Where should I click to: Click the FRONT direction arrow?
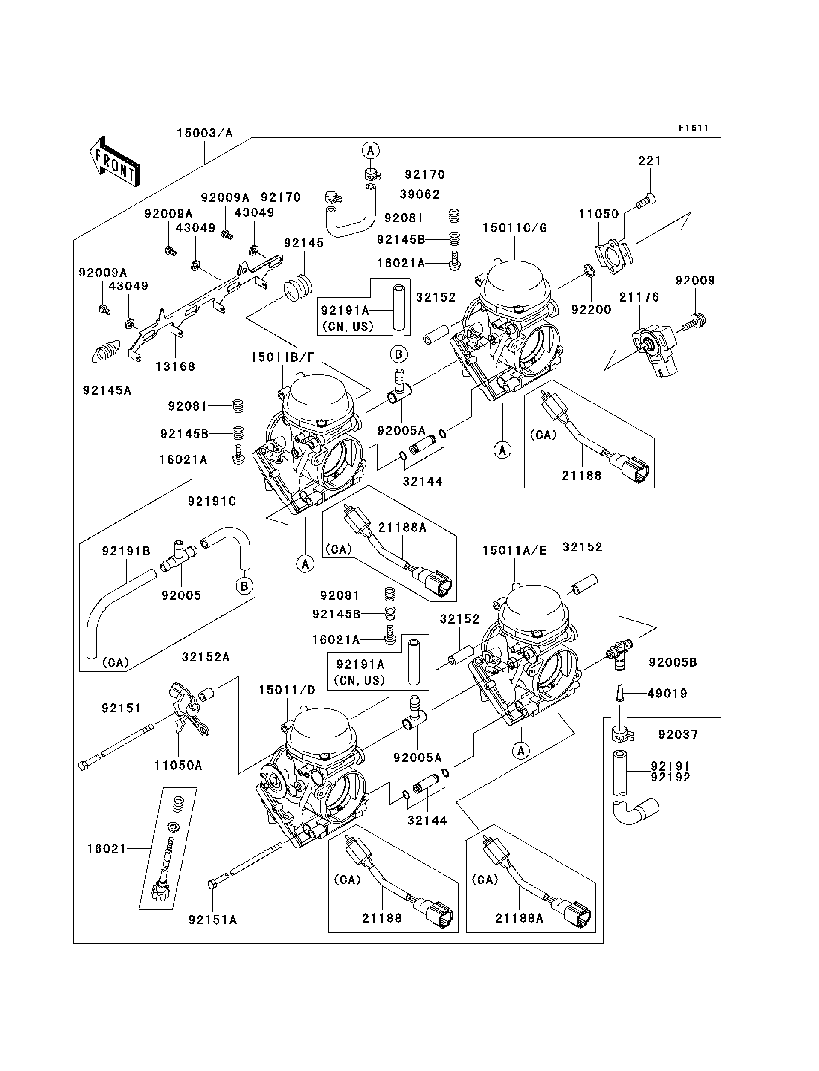pyautogui.click(x=115, y=161)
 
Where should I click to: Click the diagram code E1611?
pyautogui.click(x=693, y=128)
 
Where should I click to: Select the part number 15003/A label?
pyautogui.click(x=205, y=133)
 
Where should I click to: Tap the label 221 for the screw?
pyautogui.click(x=650, y=161)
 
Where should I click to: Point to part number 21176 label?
pyautogui.click(x=639, y=297)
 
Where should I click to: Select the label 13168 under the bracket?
pyautogui.click(x=175, y=366)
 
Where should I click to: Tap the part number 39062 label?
pyautogui.click(x=419, y=194)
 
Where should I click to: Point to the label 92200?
pyautogui.click(x=591, y=310)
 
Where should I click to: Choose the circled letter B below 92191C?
pyautogui.click(x=244, y=586)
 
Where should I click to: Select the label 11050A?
pyautogui.click(x=178, y=765)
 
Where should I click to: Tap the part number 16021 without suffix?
pyautogui.click(x=107, y=849)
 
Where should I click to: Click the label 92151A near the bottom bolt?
pyautogui.click(x=212, y=920)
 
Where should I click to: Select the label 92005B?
pyautogui.click(x=672, y=662)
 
